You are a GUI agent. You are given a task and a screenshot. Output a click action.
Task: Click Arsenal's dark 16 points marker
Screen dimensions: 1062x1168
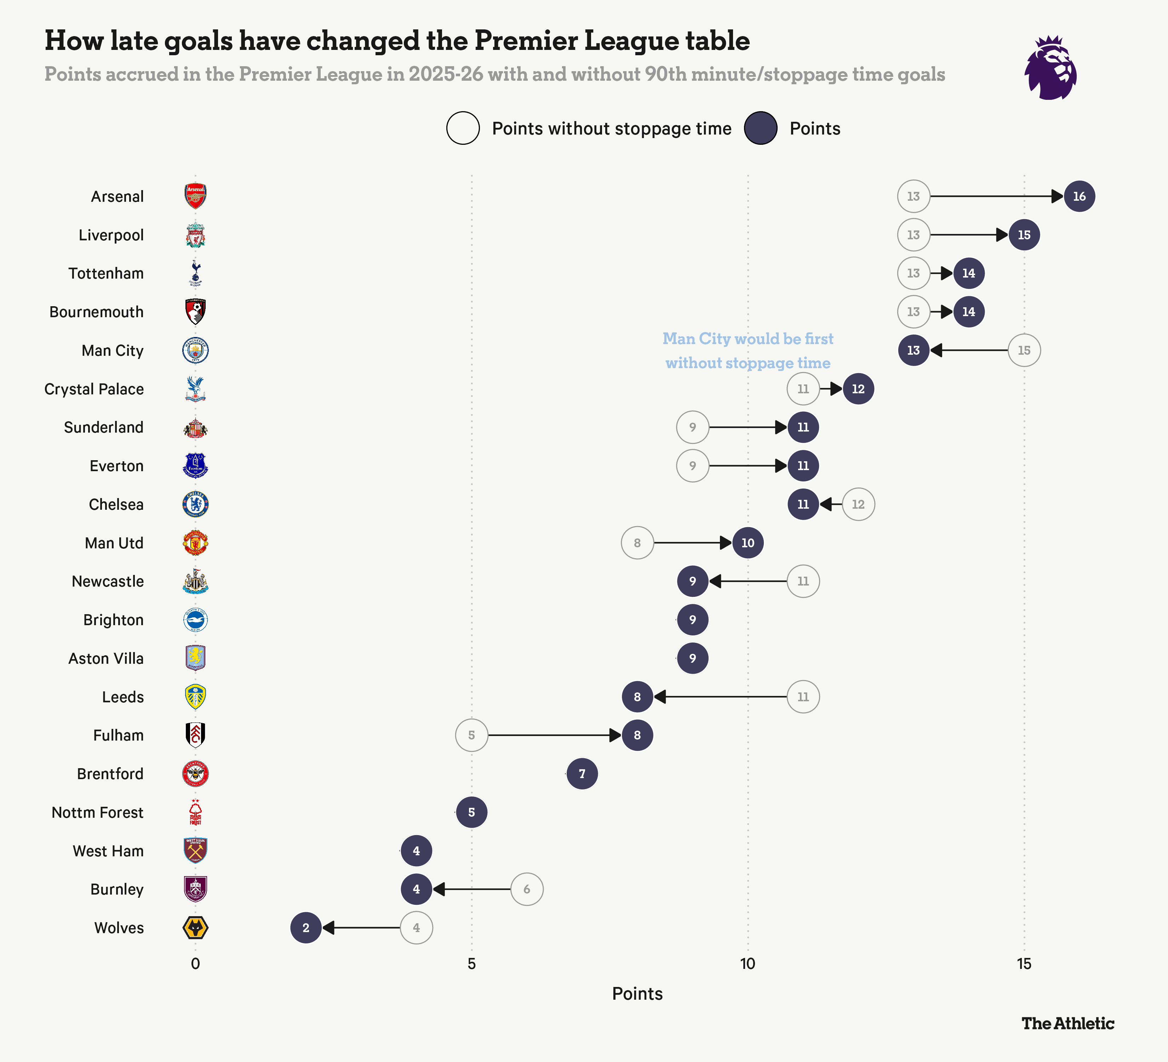(1079, 196)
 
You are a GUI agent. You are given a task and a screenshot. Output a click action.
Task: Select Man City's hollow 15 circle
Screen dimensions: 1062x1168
(1024, 350)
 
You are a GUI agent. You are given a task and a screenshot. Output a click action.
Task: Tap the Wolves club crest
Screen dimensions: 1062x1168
(195, 927)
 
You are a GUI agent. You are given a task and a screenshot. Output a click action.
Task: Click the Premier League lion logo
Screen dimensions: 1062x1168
(1051, 68)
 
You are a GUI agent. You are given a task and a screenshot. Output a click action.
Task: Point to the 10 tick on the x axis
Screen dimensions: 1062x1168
(748, 964)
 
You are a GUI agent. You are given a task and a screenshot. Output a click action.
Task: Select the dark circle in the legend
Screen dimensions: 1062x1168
(760, 128)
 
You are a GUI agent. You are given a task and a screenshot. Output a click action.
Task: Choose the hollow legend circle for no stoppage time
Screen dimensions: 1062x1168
(463, 128)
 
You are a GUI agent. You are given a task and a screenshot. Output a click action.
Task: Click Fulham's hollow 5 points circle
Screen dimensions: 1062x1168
(471, 735)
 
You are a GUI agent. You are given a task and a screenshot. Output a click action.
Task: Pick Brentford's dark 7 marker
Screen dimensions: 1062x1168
(582, 773)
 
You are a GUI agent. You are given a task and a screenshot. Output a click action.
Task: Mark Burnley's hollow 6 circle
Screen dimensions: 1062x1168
(527, 889)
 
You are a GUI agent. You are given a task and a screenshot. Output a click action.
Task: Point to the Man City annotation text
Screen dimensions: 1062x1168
(748, 350)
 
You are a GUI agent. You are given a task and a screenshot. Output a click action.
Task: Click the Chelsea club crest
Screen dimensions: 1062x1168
(195, 504)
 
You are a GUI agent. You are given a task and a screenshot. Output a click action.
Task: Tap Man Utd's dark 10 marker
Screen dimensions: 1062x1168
(748, 543)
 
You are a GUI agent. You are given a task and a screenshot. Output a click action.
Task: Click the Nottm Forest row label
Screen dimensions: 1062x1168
(97, 812)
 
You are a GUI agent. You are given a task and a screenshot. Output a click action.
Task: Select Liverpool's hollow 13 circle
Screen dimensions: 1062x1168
(913, 235)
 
